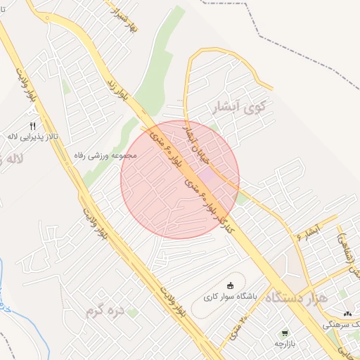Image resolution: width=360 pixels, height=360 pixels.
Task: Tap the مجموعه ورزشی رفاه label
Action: [108, 155]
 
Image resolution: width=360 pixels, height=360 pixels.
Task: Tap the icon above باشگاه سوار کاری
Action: [230, 285]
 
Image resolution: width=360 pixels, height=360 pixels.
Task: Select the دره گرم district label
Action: [104, 309]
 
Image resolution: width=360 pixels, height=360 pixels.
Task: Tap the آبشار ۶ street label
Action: [307, 233]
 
